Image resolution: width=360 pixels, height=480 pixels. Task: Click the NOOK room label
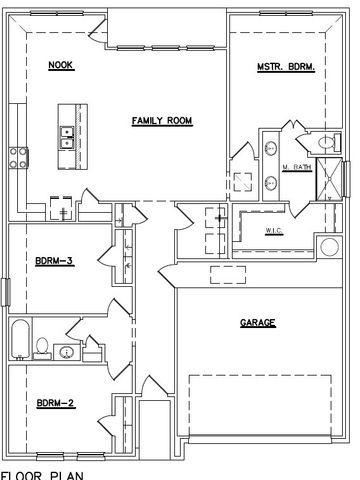pyautogui.click(x=61, y=66)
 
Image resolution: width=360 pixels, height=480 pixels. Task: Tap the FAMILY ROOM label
pyautogui.click(x=162, y=121)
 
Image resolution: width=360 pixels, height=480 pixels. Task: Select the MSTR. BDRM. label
pyautogui.click(x=287, y=67)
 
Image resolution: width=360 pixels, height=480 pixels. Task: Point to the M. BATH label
pyautogui.click(x=298, y=168)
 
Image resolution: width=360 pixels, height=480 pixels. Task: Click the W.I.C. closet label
pyautogui.click(x=277, y=231)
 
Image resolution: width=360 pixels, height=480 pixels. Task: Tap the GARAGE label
pyautogui.click(x=257, y=323)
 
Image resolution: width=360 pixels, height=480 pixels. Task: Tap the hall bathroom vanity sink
pyautogui.click(x=65, y=352)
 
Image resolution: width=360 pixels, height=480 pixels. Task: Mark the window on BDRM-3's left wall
pyautogui.click(x=7, y=293)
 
